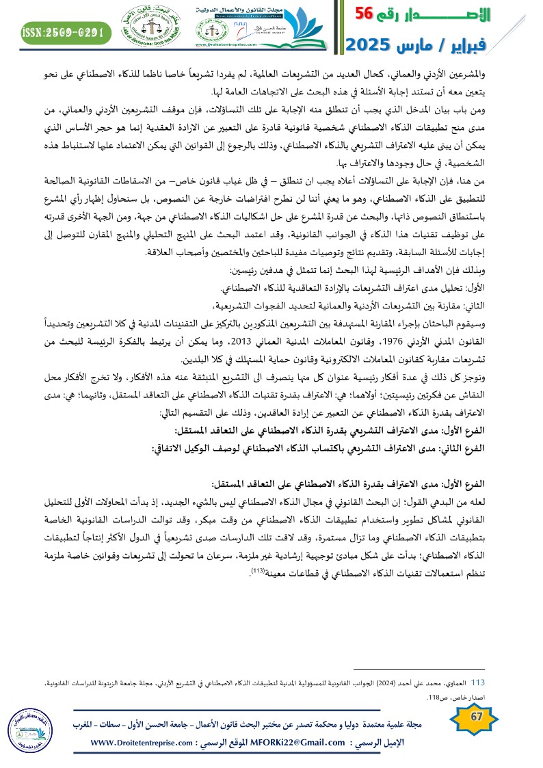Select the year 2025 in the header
pyautogui.click(x=369, y=45)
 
